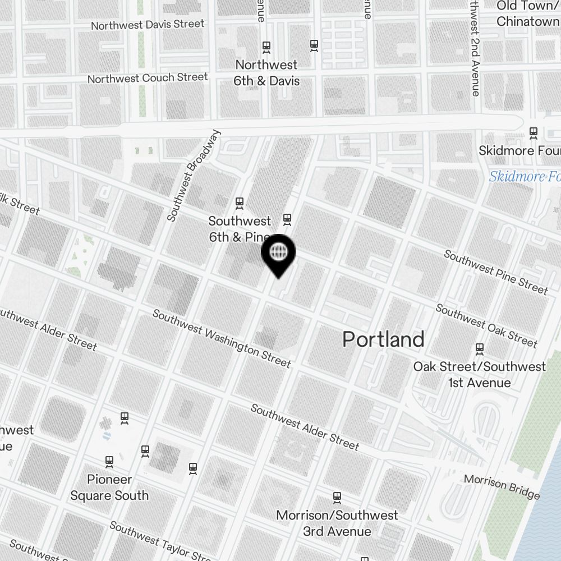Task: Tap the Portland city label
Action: click(383, 339)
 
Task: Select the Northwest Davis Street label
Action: click(148, 25)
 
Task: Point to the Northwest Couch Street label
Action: click(148, 78)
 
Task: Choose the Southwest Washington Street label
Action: click(222, 338)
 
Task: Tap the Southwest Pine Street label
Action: click(495, 272)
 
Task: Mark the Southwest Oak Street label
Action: click(486, 325)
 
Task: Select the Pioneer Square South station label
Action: click(109, 488)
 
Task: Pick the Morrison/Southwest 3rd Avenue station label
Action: click(337, 523)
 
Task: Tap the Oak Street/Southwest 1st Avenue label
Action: click(479, 375)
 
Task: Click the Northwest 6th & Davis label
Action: click(267, 73)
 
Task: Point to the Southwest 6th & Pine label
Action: click(240, 229)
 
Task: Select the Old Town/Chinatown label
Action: click(528, 14)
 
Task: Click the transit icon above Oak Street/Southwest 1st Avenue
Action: click(479, 349)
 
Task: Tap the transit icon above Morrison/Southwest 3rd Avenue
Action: click(337, 497)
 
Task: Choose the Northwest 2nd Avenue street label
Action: click(476, 48)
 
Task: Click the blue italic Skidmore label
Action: click(525, 177)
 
